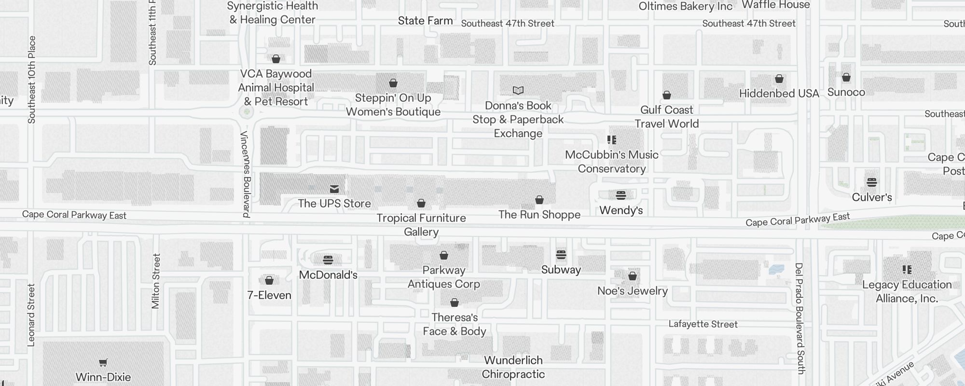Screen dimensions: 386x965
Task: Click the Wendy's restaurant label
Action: click(x=621, y=210)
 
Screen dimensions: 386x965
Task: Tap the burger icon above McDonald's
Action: click(x=328, y=260)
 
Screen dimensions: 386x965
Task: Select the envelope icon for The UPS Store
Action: click(x=334, y=189)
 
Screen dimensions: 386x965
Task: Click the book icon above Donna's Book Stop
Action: click(x=518, y=90)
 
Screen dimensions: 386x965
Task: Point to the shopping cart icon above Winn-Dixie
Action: click(x=103, y=362)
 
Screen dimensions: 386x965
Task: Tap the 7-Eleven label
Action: click(x=269, y=295)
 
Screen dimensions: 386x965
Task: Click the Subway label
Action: click(x=561, y=270)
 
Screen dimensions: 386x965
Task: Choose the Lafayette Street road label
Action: click(x=703, y=324)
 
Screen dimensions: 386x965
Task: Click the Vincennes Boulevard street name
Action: click(x=246, y=174)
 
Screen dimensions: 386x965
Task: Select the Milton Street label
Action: click(x=155, y=281)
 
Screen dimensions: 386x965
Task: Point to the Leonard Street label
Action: click(x=31, y=315)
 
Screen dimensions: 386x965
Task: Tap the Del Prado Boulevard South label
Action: click(x=800, y=318)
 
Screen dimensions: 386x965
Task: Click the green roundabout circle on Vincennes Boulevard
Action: click(x=247, y=112)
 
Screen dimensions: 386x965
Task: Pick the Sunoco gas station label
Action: click(x=846, y=92)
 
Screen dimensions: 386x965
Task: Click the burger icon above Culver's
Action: click(x=871, y=182)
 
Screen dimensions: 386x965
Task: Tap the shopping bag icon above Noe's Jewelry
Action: click(x=632, y=276)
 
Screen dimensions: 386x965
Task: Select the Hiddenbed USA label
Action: click(x=779, y=94)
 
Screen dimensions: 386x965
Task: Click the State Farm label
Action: click(x=425, y=21)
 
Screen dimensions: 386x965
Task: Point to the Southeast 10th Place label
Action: click(x=32, y=80)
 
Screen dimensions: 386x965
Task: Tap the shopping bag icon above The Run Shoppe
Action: click(x=539, y=200)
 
